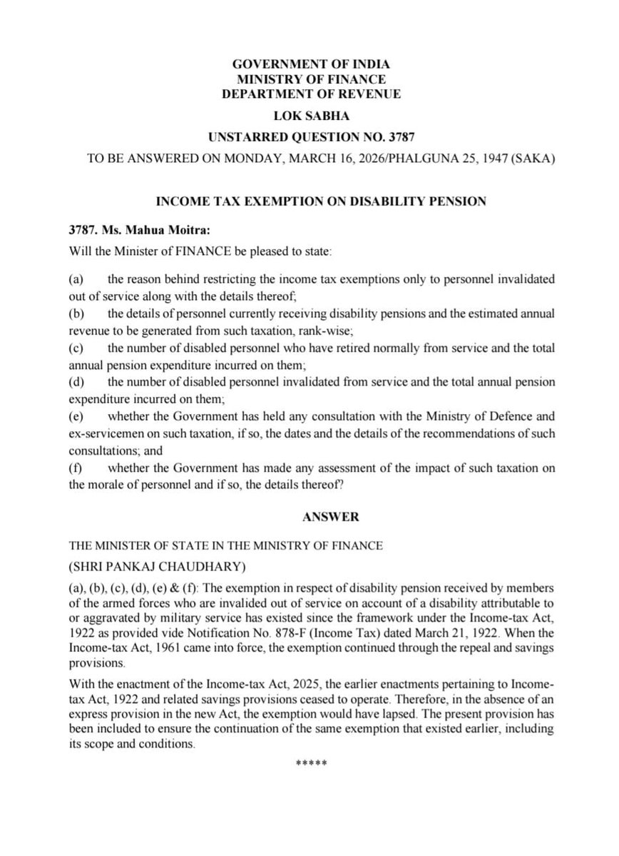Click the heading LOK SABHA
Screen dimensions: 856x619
(309, 115)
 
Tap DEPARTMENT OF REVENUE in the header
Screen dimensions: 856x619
(309, 94)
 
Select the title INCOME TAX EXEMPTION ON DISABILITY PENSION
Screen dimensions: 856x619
(309, 201)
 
